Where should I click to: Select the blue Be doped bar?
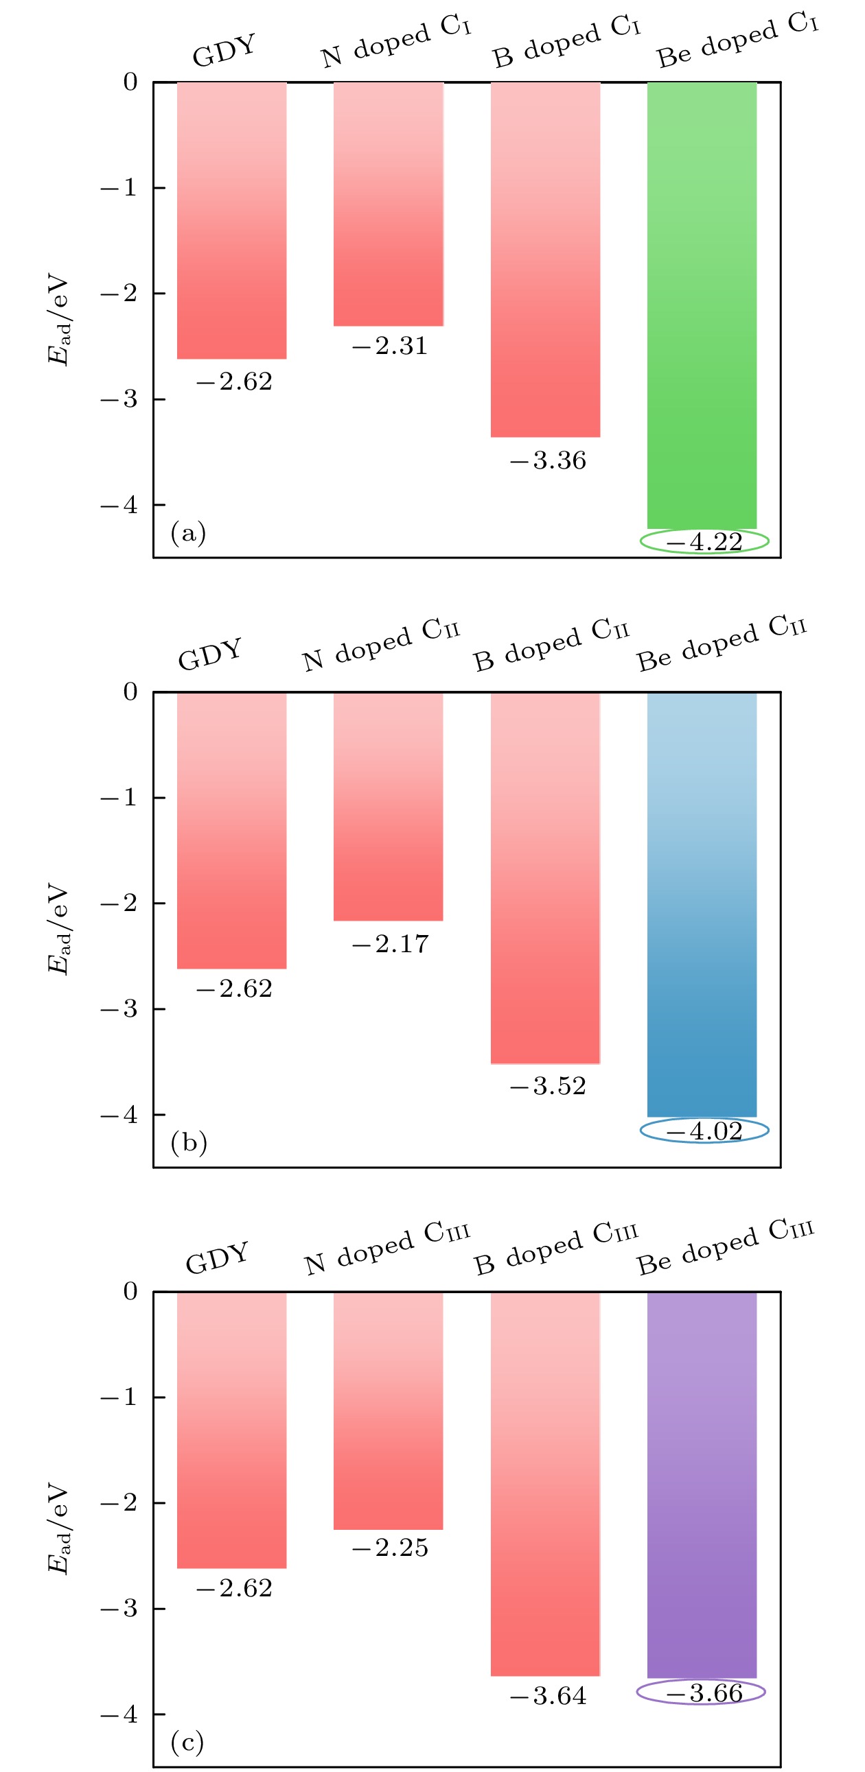tap(701, 905)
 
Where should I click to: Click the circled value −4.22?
tap(704, 542)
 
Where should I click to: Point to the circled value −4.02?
tap(704, 1131)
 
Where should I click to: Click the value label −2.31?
tap(389, 346)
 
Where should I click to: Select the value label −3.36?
tap(548, 461)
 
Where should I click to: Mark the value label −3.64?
tap(548, 1697)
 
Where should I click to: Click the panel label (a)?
tap(188, 532)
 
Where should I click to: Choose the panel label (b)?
tap(189, 1142)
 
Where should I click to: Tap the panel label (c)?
tap(187, 1743)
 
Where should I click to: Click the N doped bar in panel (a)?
tap(388, 204)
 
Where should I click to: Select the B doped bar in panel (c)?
tap(545, 1484)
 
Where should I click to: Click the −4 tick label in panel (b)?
tap(119, 1115)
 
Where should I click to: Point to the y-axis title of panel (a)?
tap(58, 319)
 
